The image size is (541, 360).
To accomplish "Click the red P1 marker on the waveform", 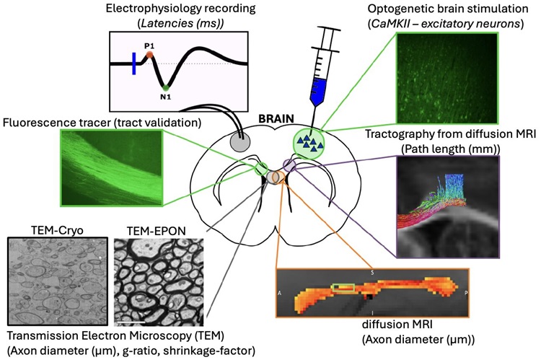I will [x=149, y=54].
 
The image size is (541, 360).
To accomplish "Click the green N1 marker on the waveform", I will [x=167, y=87].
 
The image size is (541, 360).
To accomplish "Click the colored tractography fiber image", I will [x=447, y=206].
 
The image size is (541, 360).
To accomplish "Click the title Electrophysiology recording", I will [x=180, y=10].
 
